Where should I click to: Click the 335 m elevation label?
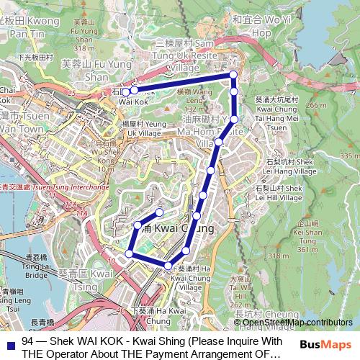[x=348, y=156]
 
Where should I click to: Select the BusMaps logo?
[x=324, y=344]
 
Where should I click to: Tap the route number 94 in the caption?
[x=28, y=340]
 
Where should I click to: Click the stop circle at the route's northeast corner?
[x=233, y=75]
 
